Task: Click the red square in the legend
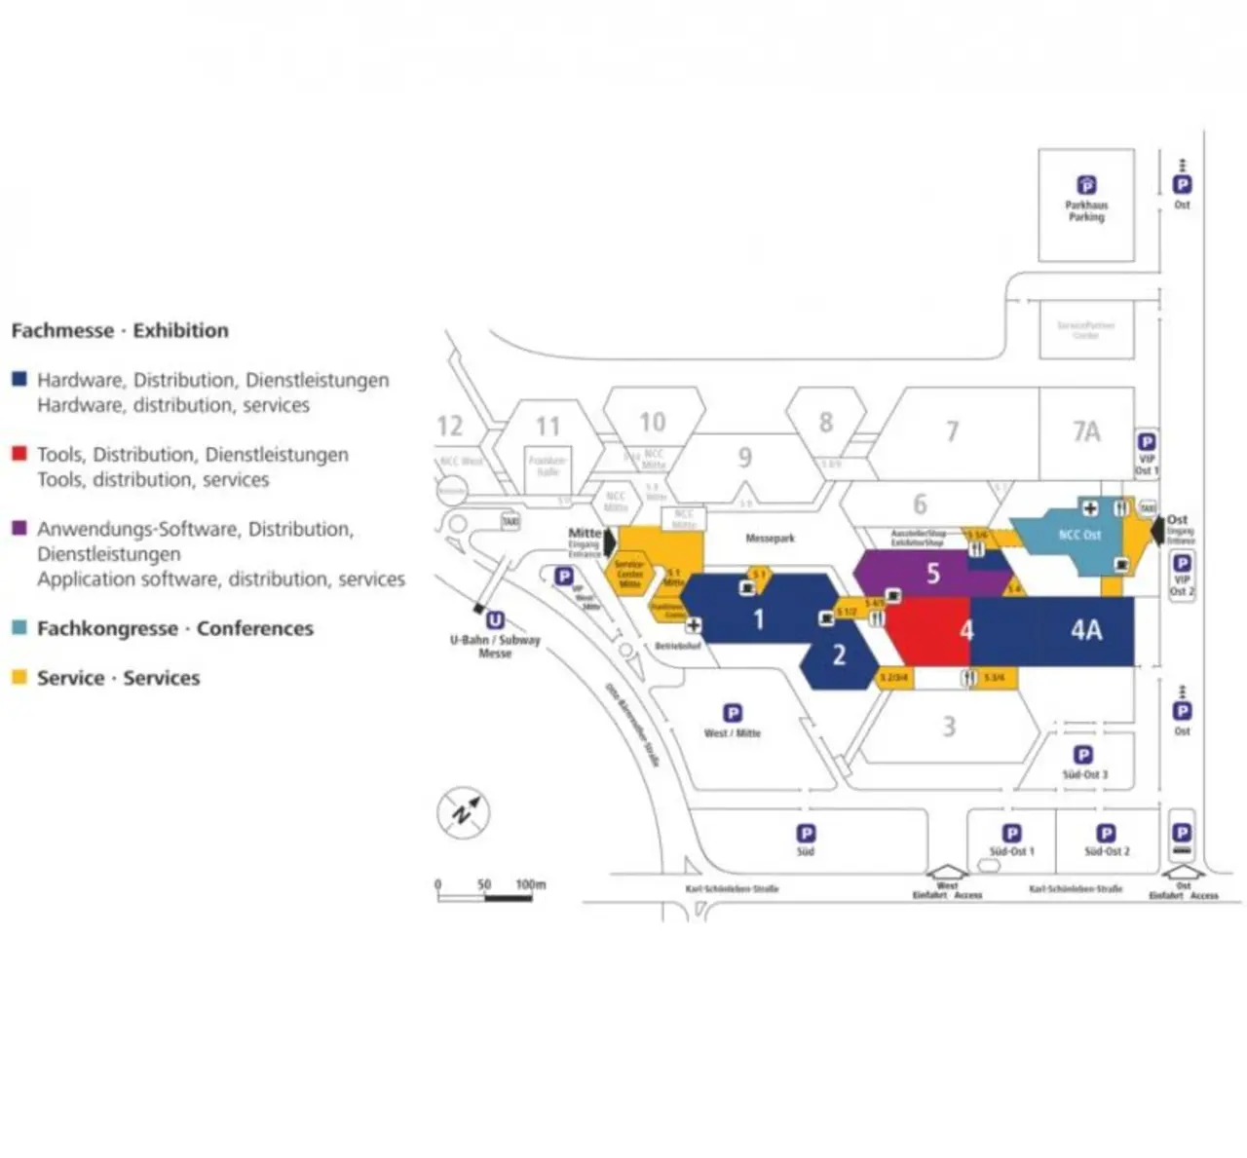coord(19,453)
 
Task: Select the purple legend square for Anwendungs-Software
coord(19,528)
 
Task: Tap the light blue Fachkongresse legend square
coord(19,627)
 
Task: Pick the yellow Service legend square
coord(19,677)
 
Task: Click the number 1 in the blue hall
coord(759,619)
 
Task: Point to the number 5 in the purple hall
coord(932,574)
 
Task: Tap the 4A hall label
coord(1086,630)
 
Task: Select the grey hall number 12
coord(450,427)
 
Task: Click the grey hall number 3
coord(949,727)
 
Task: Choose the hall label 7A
coord(1086,431)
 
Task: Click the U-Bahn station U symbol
coord(495,620)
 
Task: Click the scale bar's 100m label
coord(531,884)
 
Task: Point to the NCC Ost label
coord(1079,535)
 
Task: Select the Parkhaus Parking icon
coord(1086,185)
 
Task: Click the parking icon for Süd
coord(806,834)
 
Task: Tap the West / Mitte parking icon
coord(733,713)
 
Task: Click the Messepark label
coord(771,538)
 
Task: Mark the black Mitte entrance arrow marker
coord(610,542)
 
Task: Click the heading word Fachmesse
coord(62,330)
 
